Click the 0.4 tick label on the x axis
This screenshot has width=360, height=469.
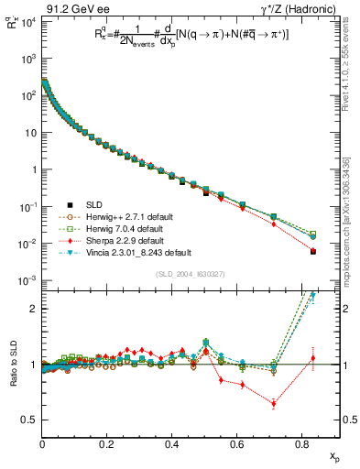click(x=172, y=444)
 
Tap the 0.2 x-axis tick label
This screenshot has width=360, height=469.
click(x=107, y=444)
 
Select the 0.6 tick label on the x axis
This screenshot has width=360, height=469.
click(x=237, y=444)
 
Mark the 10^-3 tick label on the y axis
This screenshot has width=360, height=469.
click(x=27, y=280)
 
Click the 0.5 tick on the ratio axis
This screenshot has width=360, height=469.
click(x=30, y=420)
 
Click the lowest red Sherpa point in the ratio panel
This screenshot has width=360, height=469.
click(x=274, y=403)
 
